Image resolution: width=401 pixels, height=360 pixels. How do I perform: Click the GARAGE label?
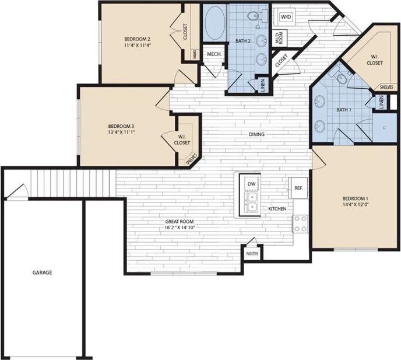(x=41, y=272)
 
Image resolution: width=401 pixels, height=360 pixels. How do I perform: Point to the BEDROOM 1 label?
(x=356, y=198)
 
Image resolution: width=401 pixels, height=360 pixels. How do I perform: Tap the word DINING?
(x=256, y=135)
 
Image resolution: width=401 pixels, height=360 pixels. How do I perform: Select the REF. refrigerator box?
(x=298, y=188)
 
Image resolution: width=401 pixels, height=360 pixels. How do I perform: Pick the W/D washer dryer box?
(x=286, y=18)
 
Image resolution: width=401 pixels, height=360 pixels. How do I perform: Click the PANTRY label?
(x=252, y=254)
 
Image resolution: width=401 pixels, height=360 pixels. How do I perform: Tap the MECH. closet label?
(x=213, y=54)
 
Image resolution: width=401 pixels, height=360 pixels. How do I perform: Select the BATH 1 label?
(x=344, y=110)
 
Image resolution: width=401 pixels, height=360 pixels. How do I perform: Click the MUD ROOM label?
(x=279, y=39)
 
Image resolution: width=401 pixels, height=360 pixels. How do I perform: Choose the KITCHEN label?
(x=276, y=208)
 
